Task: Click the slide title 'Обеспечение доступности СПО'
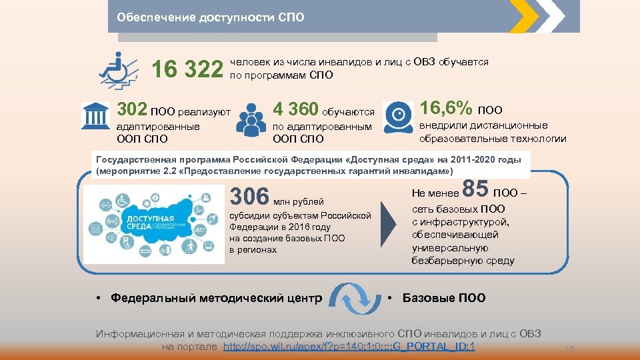click(210, 17)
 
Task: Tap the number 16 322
click(187, 69)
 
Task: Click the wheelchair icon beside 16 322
click(119, 69)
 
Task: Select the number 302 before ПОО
click(132, 109)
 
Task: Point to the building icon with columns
click(95, 116)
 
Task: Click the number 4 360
click(296, 109)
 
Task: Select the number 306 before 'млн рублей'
click(249, 197)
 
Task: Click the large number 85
click(475, 189)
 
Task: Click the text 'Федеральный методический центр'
click(217, 298)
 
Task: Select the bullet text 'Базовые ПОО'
click(444, 298)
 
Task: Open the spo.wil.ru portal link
click(349, 347)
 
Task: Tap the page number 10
click(569, 349)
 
